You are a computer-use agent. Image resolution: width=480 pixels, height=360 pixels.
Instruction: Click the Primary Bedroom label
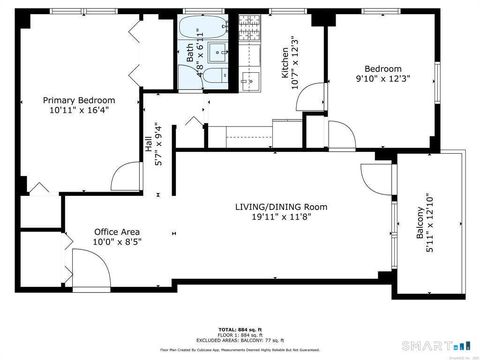click(78, 100)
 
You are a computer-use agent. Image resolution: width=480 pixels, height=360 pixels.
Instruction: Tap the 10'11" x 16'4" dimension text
click(78, 112)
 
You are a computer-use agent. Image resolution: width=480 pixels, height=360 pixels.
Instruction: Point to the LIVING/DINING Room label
click(281, 206)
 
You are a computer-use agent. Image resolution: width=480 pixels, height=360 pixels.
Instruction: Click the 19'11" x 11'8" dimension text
click(281, 217)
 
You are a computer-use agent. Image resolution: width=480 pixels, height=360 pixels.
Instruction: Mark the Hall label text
click(149, 150)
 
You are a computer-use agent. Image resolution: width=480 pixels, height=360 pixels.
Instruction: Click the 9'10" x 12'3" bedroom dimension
click(382, 78)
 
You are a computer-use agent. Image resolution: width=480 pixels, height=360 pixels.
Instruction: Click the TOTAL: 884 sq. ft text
click(240, 328)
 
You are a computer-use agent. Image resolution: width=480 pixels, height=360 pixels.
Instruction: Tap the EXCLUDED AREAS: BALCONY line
click(240, 340)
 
